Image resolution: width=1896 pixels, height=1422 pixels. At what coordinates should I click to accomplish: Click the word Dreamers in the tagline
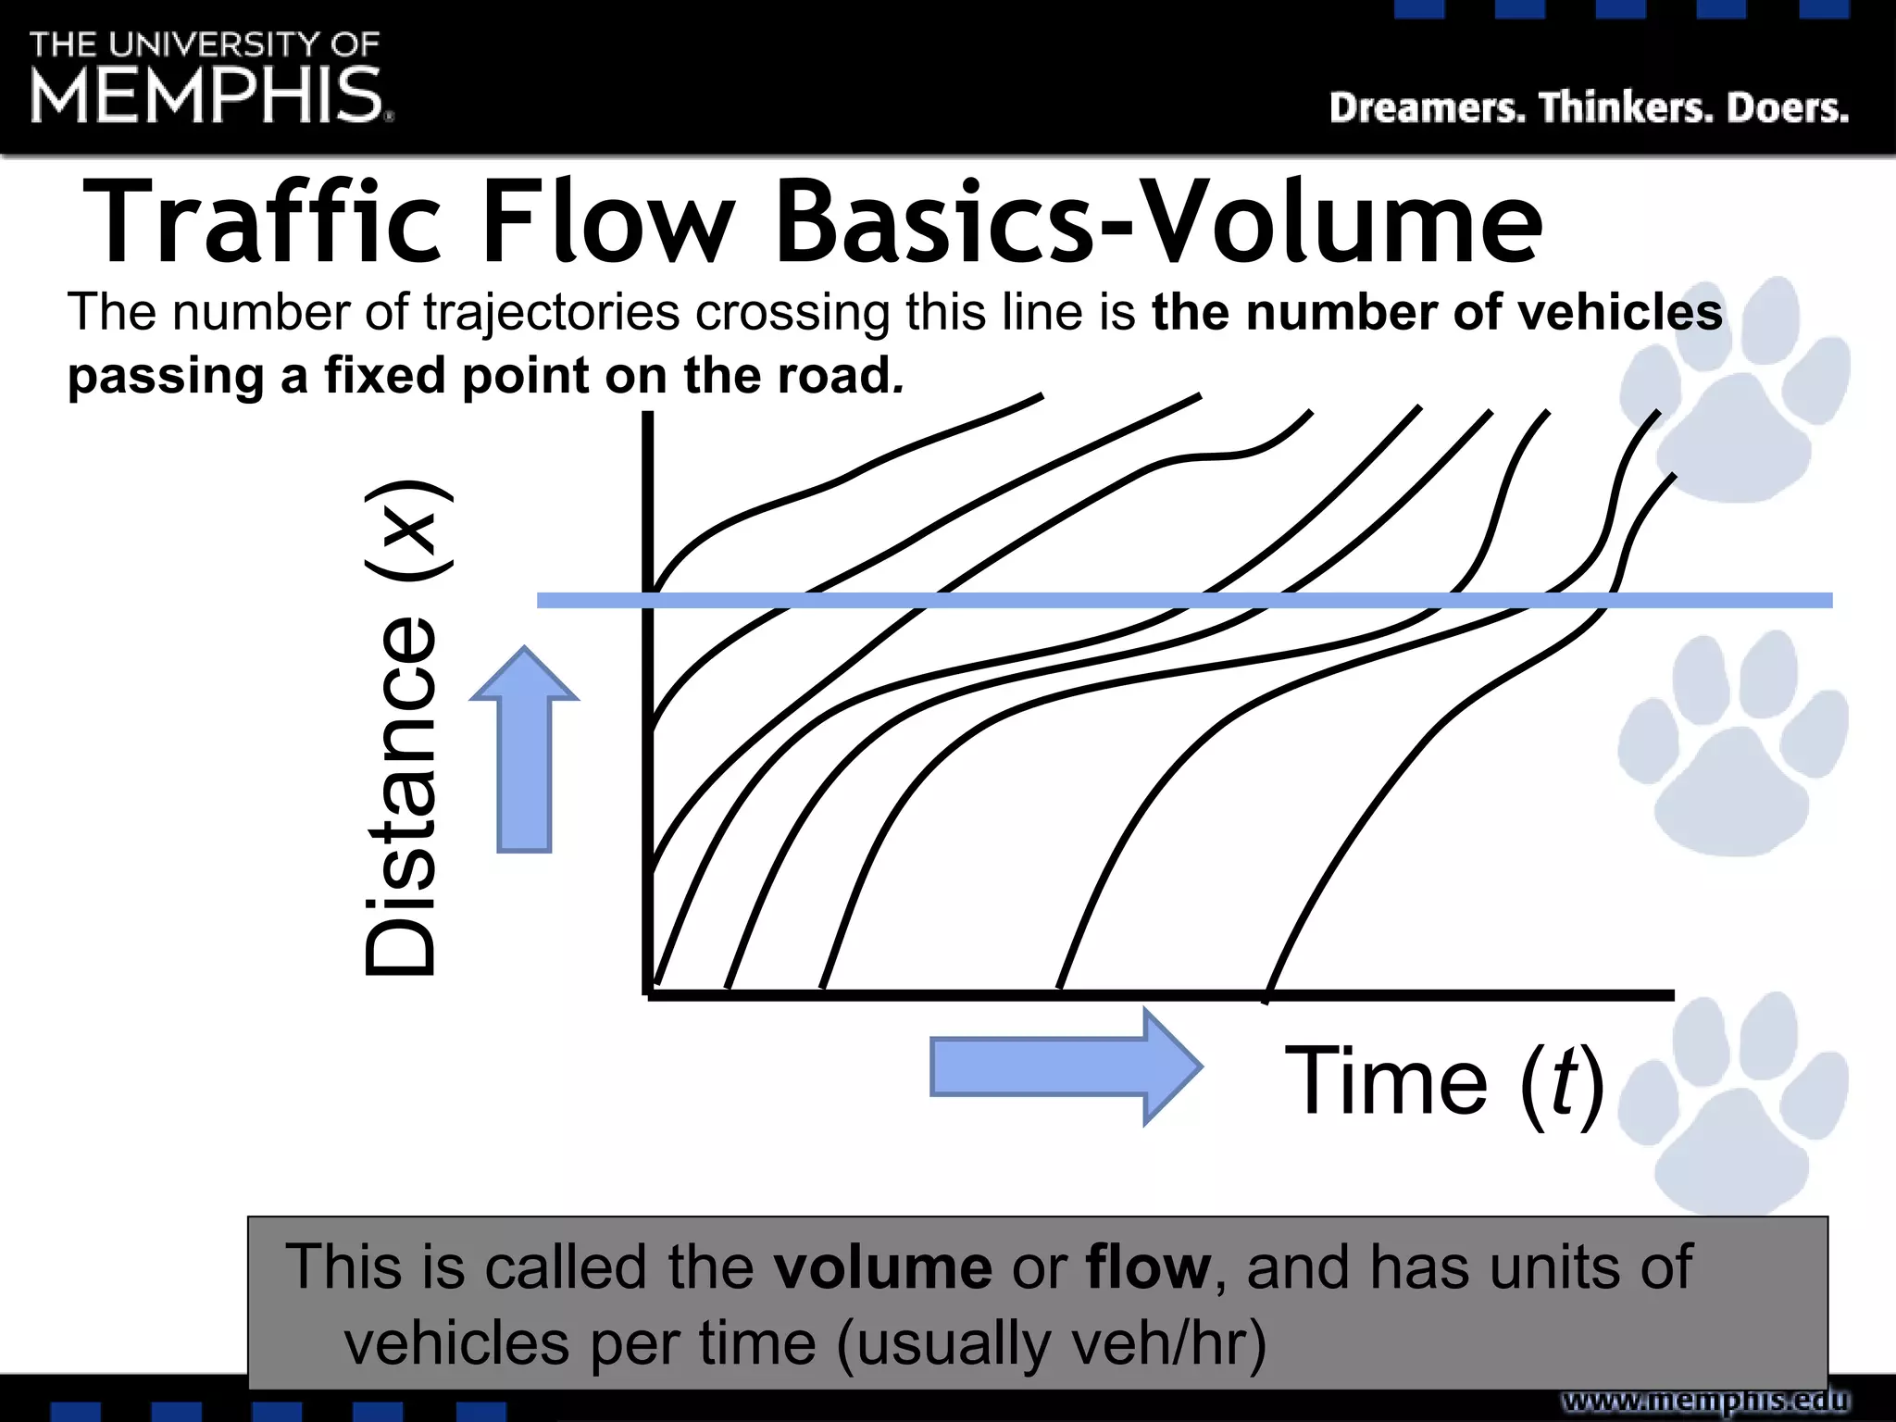pos(1427,108)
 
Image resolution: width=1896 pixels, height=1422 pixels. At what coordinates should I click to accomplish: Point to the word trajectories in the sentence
pos(551,312)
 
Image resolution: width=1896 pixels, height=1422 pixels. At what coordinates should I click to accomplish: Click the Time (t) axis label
pos(1444,1081)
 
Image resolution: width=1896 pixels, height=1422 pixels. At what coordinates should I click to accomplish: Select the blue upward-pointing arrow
pos(525,750)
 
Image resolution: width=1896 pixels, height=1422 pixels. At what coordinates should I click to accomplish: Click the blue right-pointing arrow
pos(1065,1066)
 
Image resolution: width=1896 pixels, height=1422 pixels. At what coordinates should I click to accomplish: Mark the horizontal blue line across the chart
pos(1185,601)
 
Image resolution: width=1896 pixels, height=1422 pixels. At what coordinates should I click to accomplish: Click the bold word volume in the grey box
pos(883,1266)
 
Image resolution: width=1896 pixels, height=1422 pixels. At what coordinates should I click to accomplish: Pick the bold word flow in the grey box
pos(1148,1266)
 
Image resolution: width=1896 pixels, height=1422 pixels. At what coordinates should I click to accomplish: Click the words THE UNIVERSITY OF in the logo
pos(205,44)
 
